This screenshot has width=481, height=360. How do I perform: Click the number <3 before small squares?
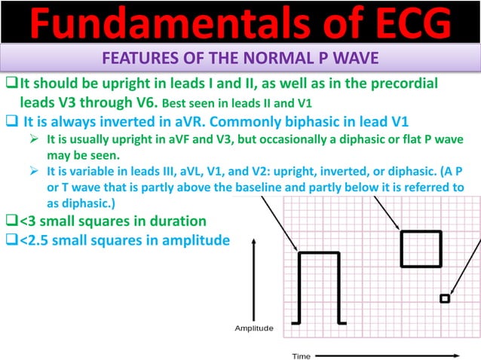click(x=28, y=221)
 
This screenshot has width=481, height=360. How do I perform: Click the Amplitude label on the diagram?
click(x=254, y=328)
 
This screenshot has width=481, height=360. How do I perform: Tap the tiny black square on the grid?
click(x=445, y=299)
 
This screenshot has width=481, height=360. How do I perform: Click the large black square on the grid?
click(x=421, y=249)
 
